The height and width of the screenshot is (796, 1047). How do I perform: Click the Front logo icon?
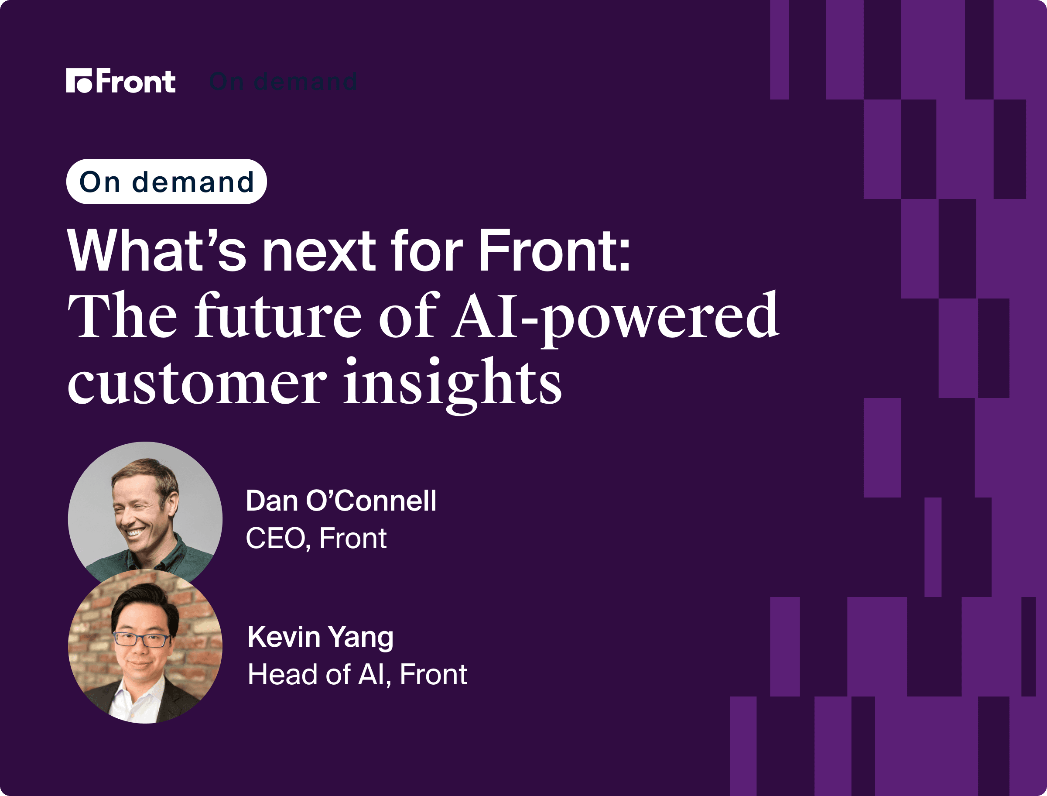click(x=79, y=81)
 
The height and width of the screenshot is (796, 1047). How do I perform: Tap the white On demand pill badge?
click(x=167, y=182)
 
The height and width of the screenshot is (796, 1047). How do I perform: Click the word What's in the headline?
click(x=157, y=250)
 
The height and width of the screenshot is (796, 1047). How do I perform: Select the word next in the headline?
click(x=319, y=250)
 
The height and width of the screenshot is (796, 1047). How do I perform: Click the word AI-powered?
click(x=615, y=319)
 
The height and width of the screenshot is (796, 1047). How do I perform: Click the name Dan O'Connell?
click(x=341, y=501)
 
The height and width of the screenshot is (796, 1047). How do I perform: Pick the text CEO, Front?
click(x=316, y=538)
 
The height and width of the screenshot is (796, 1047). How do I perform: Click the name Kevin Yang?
click(x=321, y=637)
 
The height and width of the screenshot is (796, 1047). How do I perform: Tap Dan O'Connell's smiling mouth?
click(x=134, y=532)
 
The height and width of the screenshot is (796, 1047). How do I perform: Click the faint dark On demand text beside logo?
click(x=283, y=82)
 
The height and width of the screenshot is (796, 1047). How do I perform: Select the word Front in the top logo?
click(x=136, y=81)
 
